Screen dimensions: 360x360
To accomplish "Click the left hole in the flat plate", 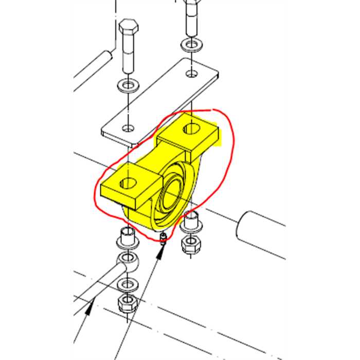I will [x=128, y=127].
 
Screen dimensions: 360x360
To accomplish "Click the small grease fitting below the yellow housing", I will [x=163, y=238].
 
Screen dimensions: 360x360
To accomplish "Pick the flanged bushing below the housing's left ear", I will [x=127, y=238].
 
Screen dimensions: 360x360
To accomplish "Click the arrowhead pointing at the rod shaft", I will [x=91, y=308].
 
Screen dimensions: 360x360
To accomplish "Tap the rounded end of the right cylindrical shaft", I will [x=244, y=226].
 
